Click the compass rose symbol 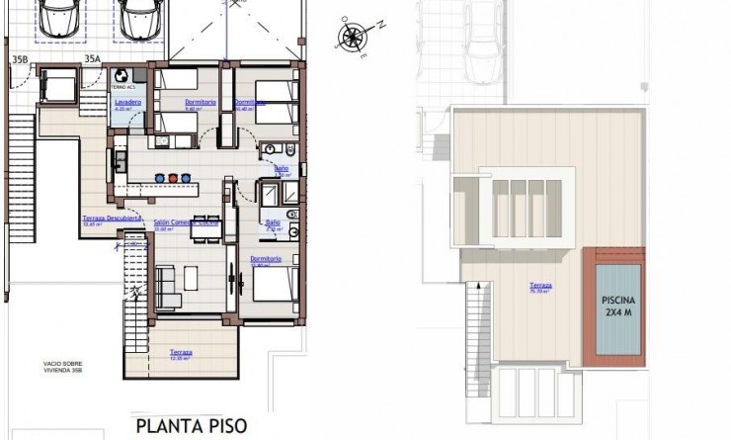tap(351, 37)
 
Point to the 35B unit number tap(20, 59)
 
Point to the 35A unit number tap(92, 59)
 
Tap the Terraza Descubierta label tap(113, 219)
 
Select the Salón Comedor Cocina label tap(185, 224)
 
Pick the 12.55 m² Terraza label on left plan tap(180, 354)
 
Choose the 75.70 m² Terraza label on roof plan tap(539, 288)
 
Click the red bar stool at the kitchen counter tap(174, 179)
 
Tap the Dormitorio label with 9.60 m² tap(201, 104)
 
